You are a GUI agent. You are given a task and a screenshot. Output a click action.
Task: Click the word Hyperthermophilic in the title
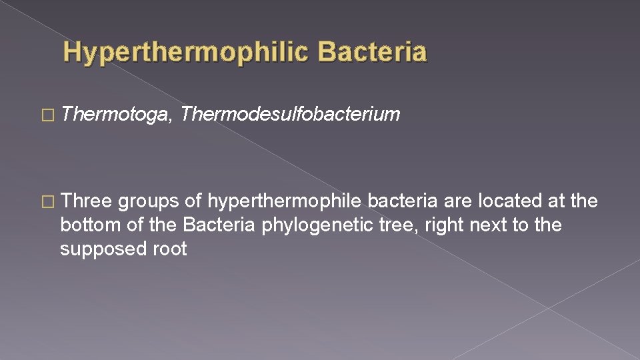[187, 52]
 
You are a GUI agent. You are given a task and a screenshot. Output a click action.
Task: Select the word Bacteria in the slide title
[373, 52]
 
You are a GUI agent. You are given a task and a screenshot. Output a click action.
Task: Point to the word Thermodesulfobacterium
[290, 115]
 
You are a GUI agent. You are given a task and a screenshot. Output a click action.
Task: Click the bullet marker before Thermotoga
[48, 115]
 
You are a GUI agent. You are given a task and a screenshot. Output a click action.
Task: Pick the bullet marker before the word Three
[48, 201]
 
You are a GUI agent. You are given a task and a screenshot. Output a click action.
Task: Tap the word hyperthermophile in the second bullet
[285, 201]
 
